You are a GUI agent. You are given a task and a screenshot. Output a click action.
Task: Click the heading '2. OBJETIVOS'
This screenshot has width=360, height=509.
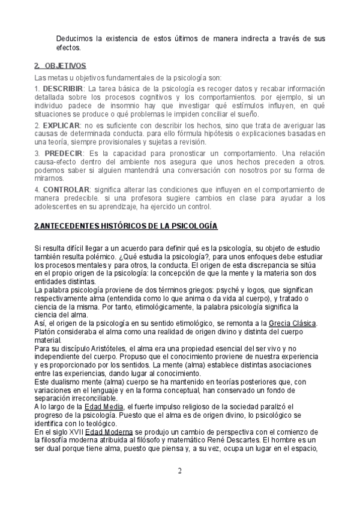pyautogui.click(x=61, y=65)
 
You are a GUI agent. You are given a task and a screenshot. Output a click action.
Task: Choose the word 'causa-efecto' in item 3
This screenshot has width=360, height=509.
pyautogui.click(x=56, y=163)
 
